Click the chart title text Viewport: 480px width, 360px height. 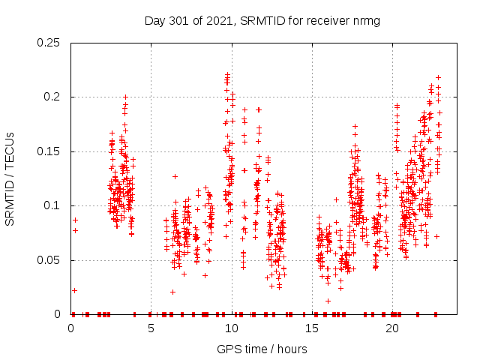262,21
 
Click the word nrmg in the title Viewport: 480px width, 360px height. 366,21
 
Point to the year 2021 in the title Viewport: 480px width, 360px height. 217,21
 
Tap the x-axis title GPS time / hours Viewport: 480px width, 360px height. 262,349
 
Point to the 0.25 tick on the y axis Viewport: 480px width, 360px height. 49,43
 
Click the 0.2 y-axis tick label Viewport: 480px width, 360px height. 52,97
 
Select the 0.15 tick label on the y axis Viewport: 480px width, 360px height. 49,151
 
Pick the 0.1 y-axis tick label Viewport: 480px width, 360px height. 52,206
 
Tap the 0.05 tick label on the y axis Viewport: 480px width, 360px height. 49,260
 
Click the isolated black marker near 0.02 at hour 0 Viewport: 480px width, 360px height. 74,290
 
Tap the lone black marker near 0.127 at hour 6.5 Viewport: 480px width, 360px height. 175,176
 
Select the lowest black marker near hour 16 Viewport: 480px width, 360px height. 328,301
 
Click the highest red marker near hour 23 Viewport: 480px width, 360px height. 438,77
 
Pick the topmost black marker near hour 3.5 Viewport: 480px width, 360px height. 125,97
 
